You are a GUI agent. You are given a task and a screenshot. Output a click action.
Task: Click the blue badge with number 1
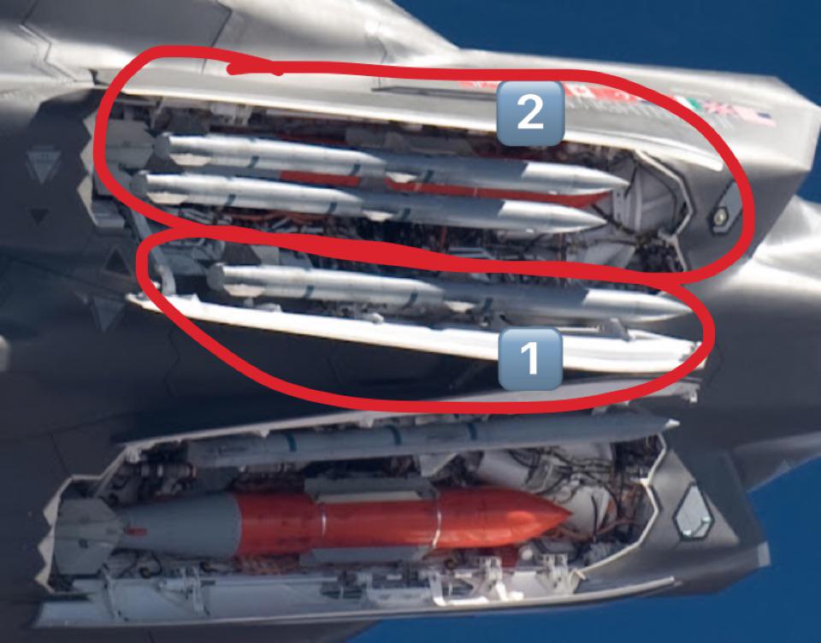click(x=530, y=360)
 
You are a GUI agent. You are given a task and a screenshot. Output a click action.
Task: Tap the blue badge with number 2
click(x=530, y=113)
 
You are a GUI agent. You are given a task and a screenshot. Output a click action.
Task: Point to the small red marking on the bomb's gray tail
click(x=135, y=532)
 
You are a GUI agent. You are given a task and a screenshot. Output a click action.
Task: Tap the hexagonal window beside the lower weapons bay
click(x=694, y=512)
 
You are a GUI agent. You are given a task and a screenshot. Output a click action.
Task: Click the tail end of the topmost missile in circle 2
click(x=162, y=146)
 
